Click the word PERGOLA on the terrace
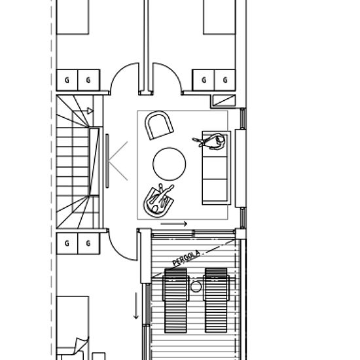tap(186, 259)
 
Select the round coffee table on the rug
tap(170, 164)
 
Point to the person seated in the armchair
tap(160, 198)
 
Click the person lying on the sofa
tap(210, 141)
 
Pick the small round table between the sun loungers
tap(196, 287)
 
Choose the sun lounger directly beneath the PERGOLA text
tap(175, 300)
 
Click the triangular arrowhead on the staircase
tap(90, 111)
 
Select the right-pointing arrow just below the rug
tap(174, 224)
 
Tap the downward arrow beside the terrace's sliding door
tap(136, 306)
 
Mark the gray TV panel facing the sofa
tap(107, 161)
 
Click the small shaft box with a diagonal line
tap(224, 101)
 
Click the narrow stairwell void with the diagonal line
tap(94, 162)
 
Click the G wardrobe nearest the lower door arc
tap(88, 243)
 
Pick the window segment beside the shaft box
tap(243, 118)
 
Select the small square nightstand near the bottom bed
tap(99, 356)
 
